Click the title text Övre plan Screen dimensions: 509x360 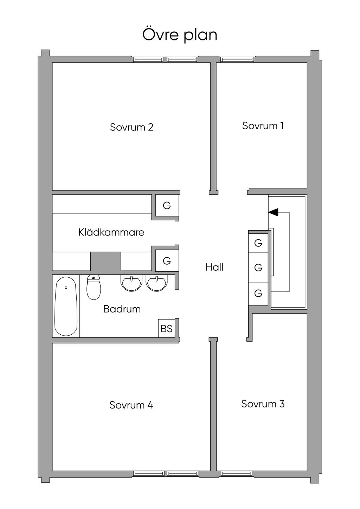point(180,35)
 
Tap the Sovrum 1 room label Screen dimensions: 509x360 point(263,126)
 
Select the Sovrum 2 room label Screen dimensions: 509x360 point(131,127)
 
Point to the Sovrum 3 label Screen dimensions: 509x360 point(263,404)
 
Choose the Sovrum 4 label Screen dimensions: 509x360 point(131,405)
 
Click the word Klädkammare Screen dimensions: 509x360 point(111,232)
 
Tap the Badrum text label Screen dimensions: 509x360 point(122,309)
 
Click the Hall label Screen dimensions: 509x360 point(214,267)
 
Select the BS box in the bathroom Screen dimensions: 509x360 point(166,328)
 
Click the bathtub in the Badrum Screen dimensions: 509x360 point(66,306)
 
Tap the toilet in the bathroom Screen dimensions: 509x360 point(94,287)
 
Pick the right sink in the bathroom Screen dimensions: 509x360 point(157,283)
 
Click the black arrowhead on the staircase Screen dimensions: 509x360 point(273,212)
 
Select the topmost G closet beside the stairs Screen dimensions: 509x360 point(258,243)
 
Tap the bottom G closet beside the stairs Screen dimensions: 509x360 point(258,293)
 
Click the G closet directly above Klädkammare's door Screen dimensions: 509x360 point(167,205)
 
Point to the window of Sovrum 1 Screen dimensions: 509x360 point(237,59)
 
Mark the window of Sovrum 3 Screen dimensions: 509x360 point(237,473)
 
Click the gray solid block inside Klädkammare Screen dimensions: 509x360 point(106,261)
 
